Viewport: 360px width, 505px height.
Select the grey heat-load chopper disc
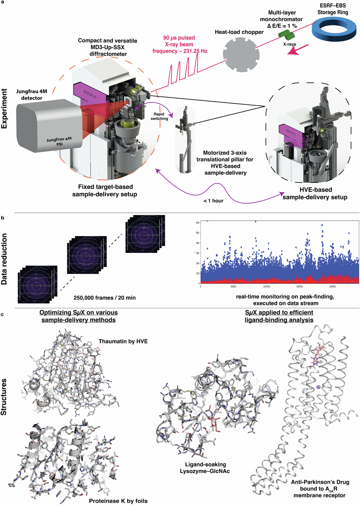241,55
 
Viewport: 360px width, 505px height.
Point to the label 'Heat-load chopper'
239,32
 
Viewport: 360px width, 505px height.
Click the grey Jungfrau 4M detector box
48,126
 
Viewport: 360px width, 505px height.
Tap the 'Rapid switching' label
159,116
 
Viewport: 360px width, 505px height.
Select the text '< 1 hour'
214,201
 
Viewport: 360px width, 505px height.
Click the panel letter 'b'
3,218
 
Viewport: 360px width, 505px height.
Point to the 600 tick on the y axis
197,223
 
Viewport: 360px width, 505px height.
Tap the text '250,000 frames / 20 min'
104,298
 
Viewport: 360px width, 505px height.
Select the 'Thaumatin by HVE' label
123,341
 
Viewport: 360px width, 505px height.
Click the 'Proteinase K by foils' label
118,501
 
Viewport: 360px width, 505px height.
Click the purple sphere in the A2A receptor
318,387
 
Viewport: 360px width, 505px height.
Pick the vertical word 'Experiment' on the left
4,109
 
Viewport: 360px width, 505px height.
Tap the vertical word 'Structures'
4,397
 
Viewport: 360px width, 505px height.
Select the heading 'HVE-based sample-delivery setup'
315,194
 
